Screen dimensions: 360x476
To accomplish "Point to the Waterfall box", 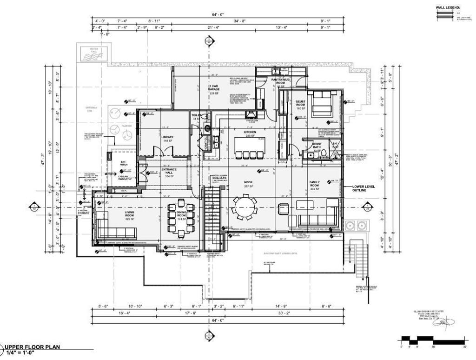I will pyautogui.click(x=93, y=54).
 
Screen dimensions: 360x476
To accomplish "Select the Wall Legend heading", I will pyautogui.click(x=448, y=8).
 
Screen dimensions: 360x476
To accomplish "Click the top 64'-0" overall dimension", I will pyautogui.click(x=218, y=15).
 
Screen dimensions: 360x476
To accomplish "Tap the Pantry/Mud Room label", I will pyautogui.click(x=280, y=82).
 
